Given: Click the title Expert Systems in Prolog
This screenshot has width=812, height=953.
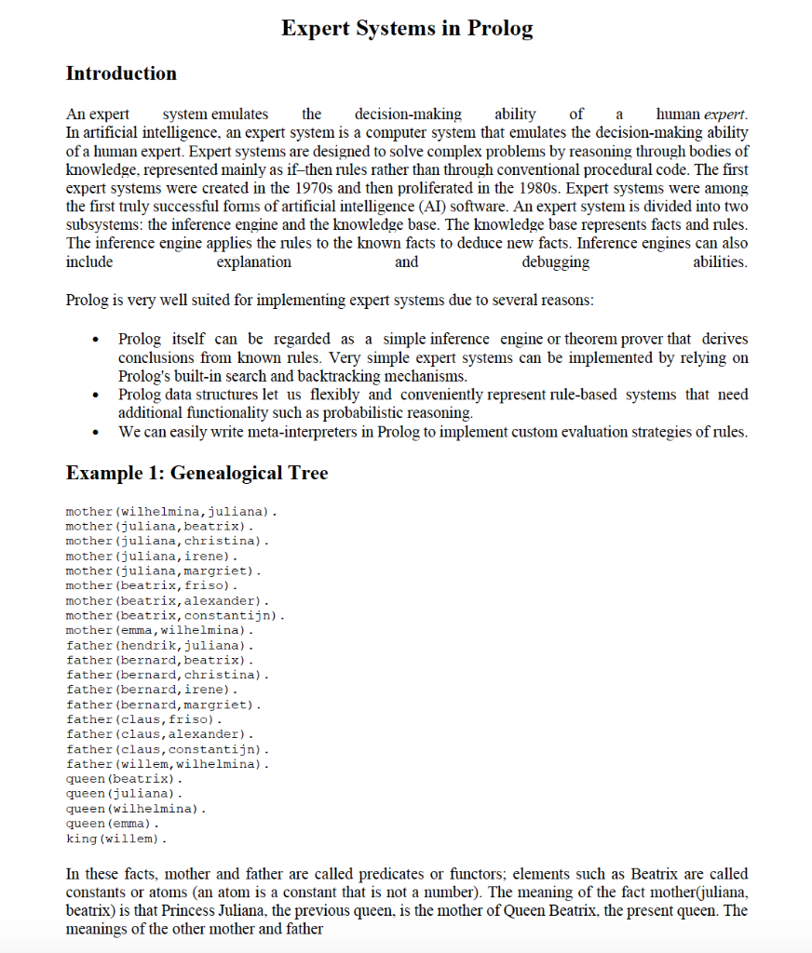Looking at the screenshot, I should (x=407, y=28).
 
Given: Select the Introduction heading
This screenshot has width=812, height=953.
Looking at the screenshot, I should (x=121, y=74).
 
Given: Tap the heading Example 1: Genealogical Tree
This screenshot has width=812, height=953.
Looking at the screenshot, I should (x=196, y=473).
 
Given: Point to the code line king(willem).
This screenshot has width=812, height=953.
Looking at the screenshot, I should (x=116, y=839).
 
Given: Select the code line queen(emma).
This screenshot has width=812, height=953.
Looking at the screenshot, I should (x=113, y=824).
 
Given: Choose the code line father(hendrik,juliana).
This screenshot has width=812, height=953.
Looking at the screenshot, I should (x=159, y=645).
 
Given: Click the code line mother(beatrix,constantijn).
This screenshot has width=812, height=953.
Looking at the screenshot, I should (x=175, y=616).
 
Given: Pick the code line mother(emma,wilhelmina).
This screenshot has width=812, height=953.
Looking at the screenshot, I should (x=159, y=631).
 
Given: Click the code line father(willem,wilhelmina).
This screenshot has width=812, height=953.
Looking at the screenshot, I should (x=169, y=764).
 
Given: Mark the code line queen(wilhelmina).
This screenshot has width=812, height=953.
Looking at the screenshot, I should (x=135, y=809).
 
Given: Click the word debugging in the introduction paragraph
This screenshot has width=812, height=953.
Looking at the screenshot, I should (x=555, y=262).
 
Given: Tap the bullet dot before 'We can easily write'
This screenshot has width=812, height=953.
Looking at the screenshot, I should (x=98, y=433).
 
